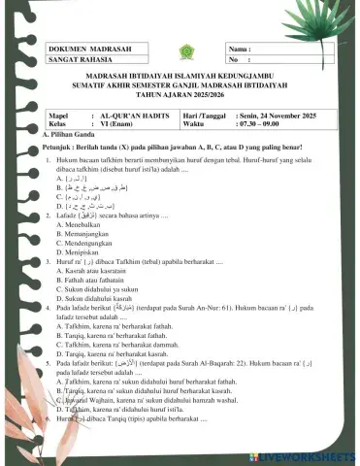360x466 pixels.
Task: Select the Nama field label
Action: click(x=239, y=48)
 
